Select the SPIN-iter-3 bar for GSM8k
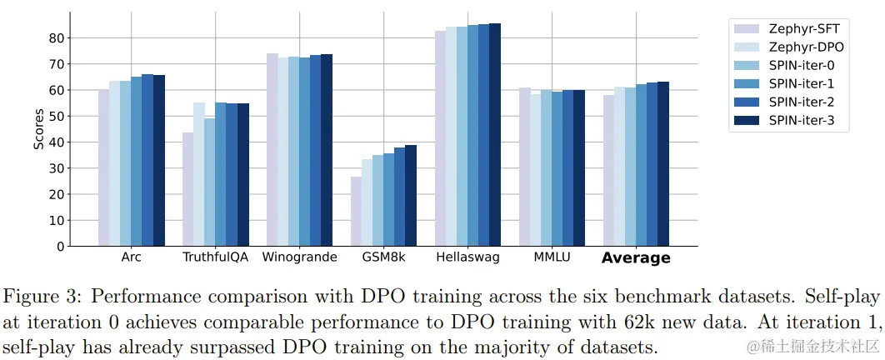tap(410, 195)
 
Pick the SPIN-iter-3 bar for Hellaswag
tap(494, 134)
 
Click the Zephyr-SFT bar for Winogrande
tap(272, 149)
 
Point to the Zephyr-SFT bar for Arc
tap(103, 167)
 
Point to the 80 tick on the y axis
tap(56, 37)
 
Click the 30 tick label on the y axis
tap(56, 168)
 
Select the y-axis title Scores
tap(38, 129)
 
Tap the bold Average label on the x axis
tap(636, 258)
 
